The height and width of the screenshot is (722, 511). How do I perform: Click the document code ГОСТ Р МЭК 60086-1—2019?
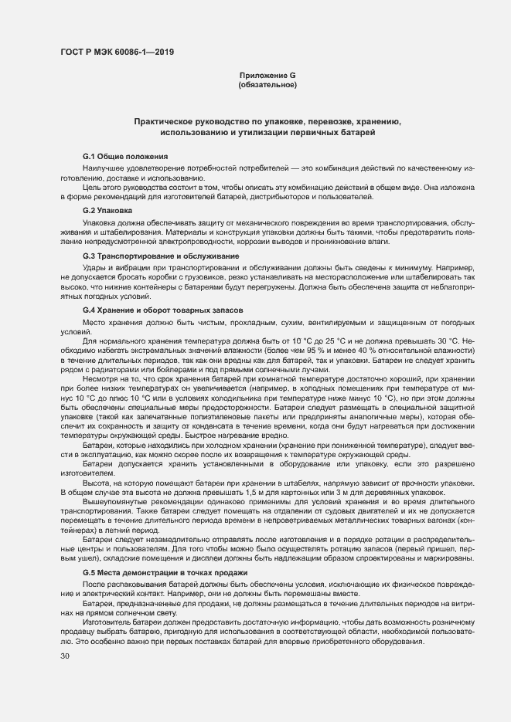coord(117,52)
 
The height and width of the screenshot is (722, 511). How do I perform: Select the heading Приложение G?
coord(267,75)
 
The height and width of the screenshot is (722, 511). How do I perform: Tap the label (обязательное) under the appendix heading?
coord(267,84)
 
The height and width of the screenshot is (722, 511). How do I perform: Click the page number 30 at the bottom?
coord(65,656)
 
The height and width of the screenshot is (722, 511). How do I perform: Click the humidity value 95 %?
coord(291,350)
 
